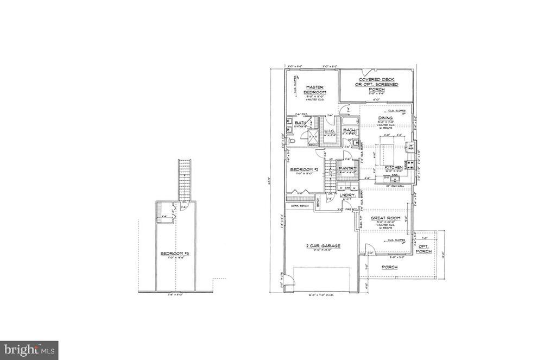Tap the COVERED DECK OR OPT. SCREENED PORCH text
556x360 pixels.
(x=377, y=85)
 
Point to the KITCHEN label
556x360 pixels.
(x=393, y=167)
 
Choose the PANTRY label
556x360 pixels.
(x=346, y=169)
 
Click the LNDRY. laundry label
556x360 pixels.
(x=347, y=194)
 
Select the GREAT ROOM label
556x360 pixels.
(x=385, y=218)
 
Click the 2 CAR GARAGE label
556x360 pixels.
(x=323, y=246)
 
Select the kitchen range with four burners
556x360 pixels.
(x=409, y=163)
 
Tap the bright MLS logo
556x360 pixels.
(x=29, y=350)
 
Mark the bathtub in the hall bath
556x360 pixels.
(x=350, y=121)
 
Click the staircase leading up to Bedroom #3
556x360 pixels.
(x=185, y=179)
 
